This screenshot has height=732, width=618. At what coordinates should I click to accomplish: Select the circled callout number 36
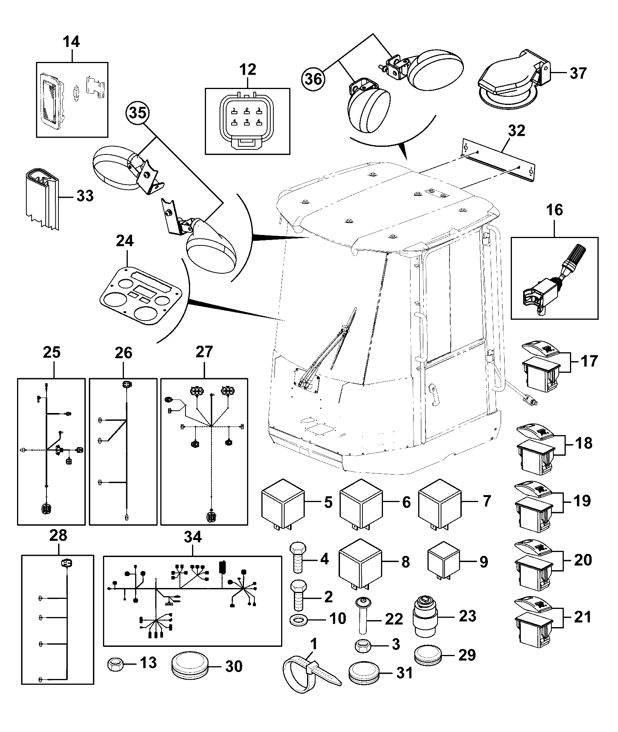(314, 79)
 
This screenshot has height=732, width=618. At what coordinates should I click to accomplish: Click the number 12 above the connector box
(247, 70)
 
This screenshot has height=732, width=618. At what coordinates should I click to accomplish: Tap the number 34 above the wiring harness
(192, 537)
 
